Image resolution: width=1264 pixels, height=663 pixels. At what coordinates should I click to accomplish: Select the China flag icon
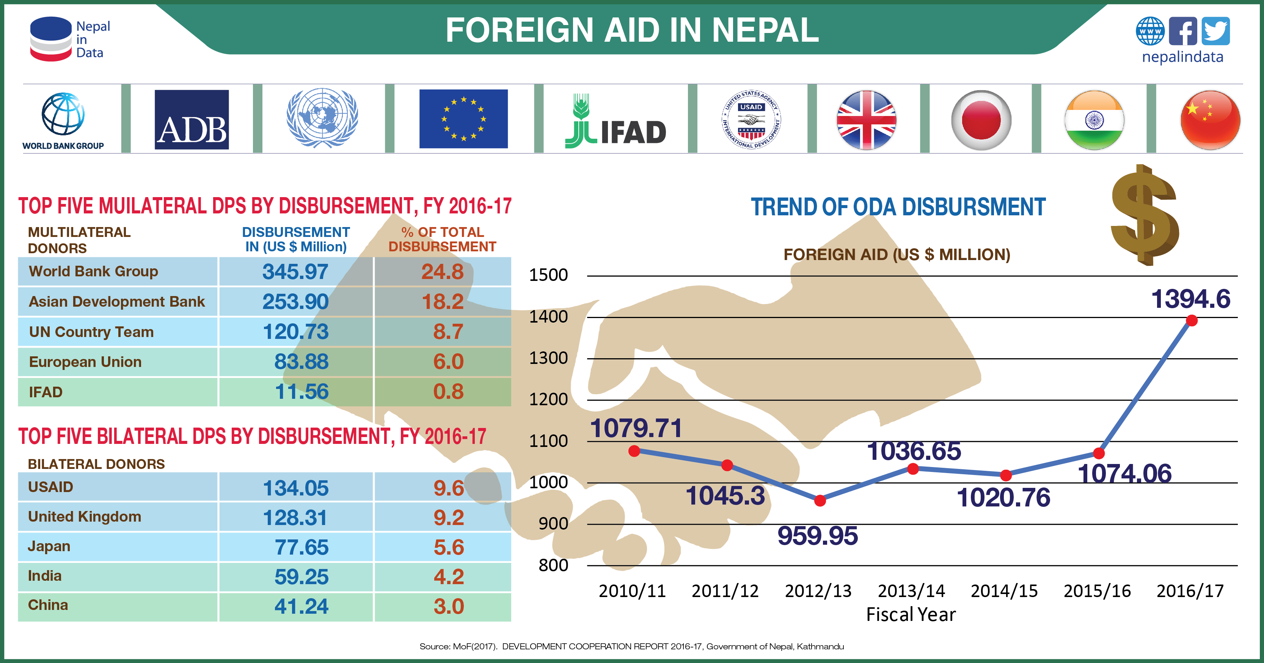coord(1210,120)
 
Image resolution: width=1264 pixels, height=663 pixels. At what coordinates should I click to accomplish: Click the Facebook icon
coord(1182,31)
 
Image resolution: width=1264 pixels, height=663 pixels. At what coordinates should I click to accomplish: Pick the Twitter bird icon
coord(1215,31)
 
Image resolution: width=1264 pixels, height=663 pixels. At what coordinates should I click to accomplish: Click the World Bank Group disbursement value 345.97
coord(295,272)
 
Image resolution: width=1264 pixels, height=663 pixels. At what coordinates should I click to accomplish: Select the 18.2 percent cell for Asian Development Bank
coord(442,302)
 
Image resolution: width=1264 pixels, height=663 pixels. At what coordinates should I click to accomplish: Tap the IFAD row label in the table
coord(46,392)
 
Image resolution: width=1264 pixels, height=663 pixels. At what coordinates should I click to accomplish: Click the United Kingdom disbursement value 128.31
coord(295,517)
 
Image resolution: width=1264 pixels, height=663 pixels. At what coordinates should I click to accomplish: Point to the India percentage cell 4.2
coord(449,577)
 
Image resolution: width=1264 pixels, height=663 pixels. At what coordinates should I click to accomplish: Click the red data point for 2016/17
coord(1192,321)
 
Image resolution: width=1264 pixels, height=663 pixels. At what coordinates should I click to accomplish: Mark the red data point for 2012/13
coord(820,501)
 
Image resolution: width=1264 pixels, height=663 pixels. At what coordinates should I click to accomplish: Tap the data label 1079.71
coord(636,428)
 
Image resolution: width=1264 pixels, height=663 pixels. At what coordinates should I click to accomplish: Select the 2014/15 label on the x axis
coord(1004,591)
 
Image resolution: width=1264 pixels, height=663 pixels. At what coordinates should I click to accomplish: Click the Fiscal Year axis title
coord(911,614)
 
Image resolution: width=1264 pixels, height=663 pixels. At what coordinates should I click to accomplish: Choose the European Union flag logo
coord(463,119)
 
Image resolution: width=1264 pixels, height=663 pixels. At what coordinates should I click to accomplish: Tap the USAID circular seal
coord(751,120)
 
